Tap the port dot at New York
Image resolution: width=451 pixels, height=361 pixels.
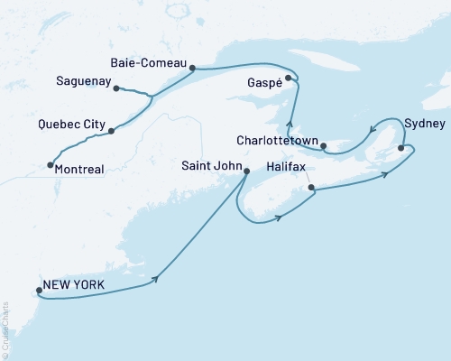[38, 291]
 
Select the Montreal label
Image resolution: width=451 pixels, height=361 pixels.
[79, 168]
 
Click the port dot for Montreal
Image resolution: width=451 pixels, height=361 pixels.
[49, 164]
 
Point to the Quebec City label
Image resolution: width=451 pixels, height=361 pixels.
[68, 125]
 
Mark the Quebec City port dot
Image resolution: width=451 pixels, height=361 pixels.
[111, 132]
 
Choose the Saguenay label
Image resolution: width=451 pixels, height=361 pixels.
[82, 81]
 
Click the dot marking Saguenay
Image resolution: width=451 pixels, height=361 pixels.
[117, 88]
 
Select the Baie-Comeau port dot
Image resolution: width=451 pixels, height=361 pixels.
[193, 66]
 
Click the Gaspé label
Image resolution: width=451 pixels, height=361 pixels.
[262, 82]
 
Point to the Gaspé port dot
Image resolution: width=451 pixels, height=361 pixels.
[289, 79]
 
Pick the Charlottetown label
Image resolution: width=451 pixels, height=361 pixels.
[276, 141]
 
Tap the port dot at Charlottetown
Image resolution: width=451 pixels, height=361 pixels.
[323, 144]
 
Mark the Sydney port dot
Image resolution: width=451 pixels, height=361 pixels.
[401, 147]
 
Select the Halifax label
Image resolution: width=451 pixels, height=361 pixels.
[289, 169]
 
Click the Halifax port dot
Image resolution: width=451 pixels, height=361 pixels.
[311, 188]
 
